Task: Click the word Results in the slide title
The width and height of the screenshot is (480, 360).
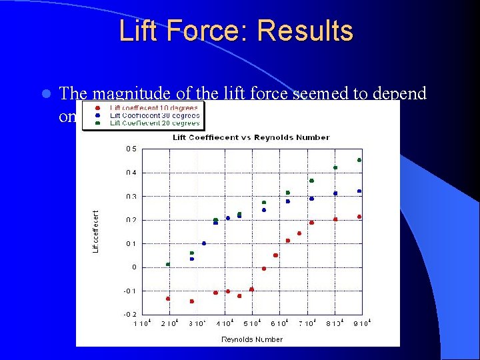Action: coord(305,31)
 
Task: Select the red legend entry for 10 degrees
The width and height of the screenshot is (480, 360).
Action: coord(154,107)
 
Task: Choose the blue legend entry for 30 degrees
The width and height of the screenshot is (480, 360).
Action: coord(154,115)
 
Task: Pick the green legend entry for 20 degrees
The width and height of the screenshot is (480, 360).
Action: coord(154,123)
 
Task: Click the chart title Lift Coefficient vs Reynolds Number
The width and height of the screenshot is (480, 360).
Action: coord(251,137)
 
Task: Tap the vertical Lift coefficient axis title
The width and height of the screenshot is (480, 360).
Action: coord(95,231)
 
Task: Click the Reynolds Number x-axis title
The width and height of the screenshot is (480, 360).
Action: coord(252,339)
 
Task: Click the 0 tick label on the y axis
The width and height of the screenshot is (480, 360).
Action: coord(133,267)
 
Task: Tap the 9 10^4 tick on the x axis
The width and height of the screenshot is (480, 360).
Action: coord(361,323)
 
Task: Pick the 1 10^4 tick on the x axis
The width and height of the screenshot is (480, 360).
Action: coord(142,323)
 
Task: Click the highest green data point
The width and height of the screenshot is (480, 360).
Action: coord(359,160)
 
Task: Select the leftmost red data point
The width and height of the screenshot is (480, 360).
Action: coord(168,299)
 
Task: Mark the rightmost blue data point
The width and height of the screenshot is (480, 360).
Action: coord(359,191)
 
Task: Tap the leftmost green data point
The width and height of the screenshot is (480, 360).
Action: coord(168,264)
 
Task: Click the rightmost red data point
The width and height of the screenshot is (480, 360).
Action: coord(359,217)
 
